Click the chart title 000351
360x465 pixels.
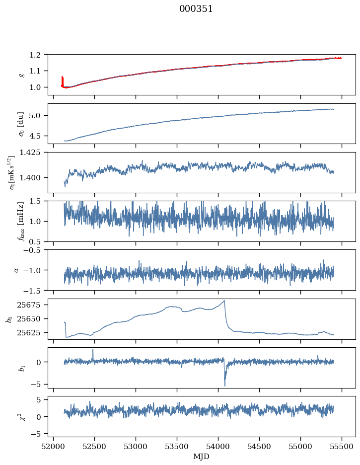[196, 9]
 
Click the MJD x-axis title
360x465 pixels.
[202, 457]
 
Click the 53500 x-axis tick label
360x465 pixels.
[177, 446]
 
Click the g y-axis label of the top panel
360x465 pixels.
[21, 75]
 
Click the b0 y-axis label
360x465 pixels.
[8, 319]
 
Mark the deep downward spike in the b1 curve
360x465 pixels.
[225, 385]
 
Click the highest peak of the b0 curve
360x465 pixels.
[224, 301]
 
